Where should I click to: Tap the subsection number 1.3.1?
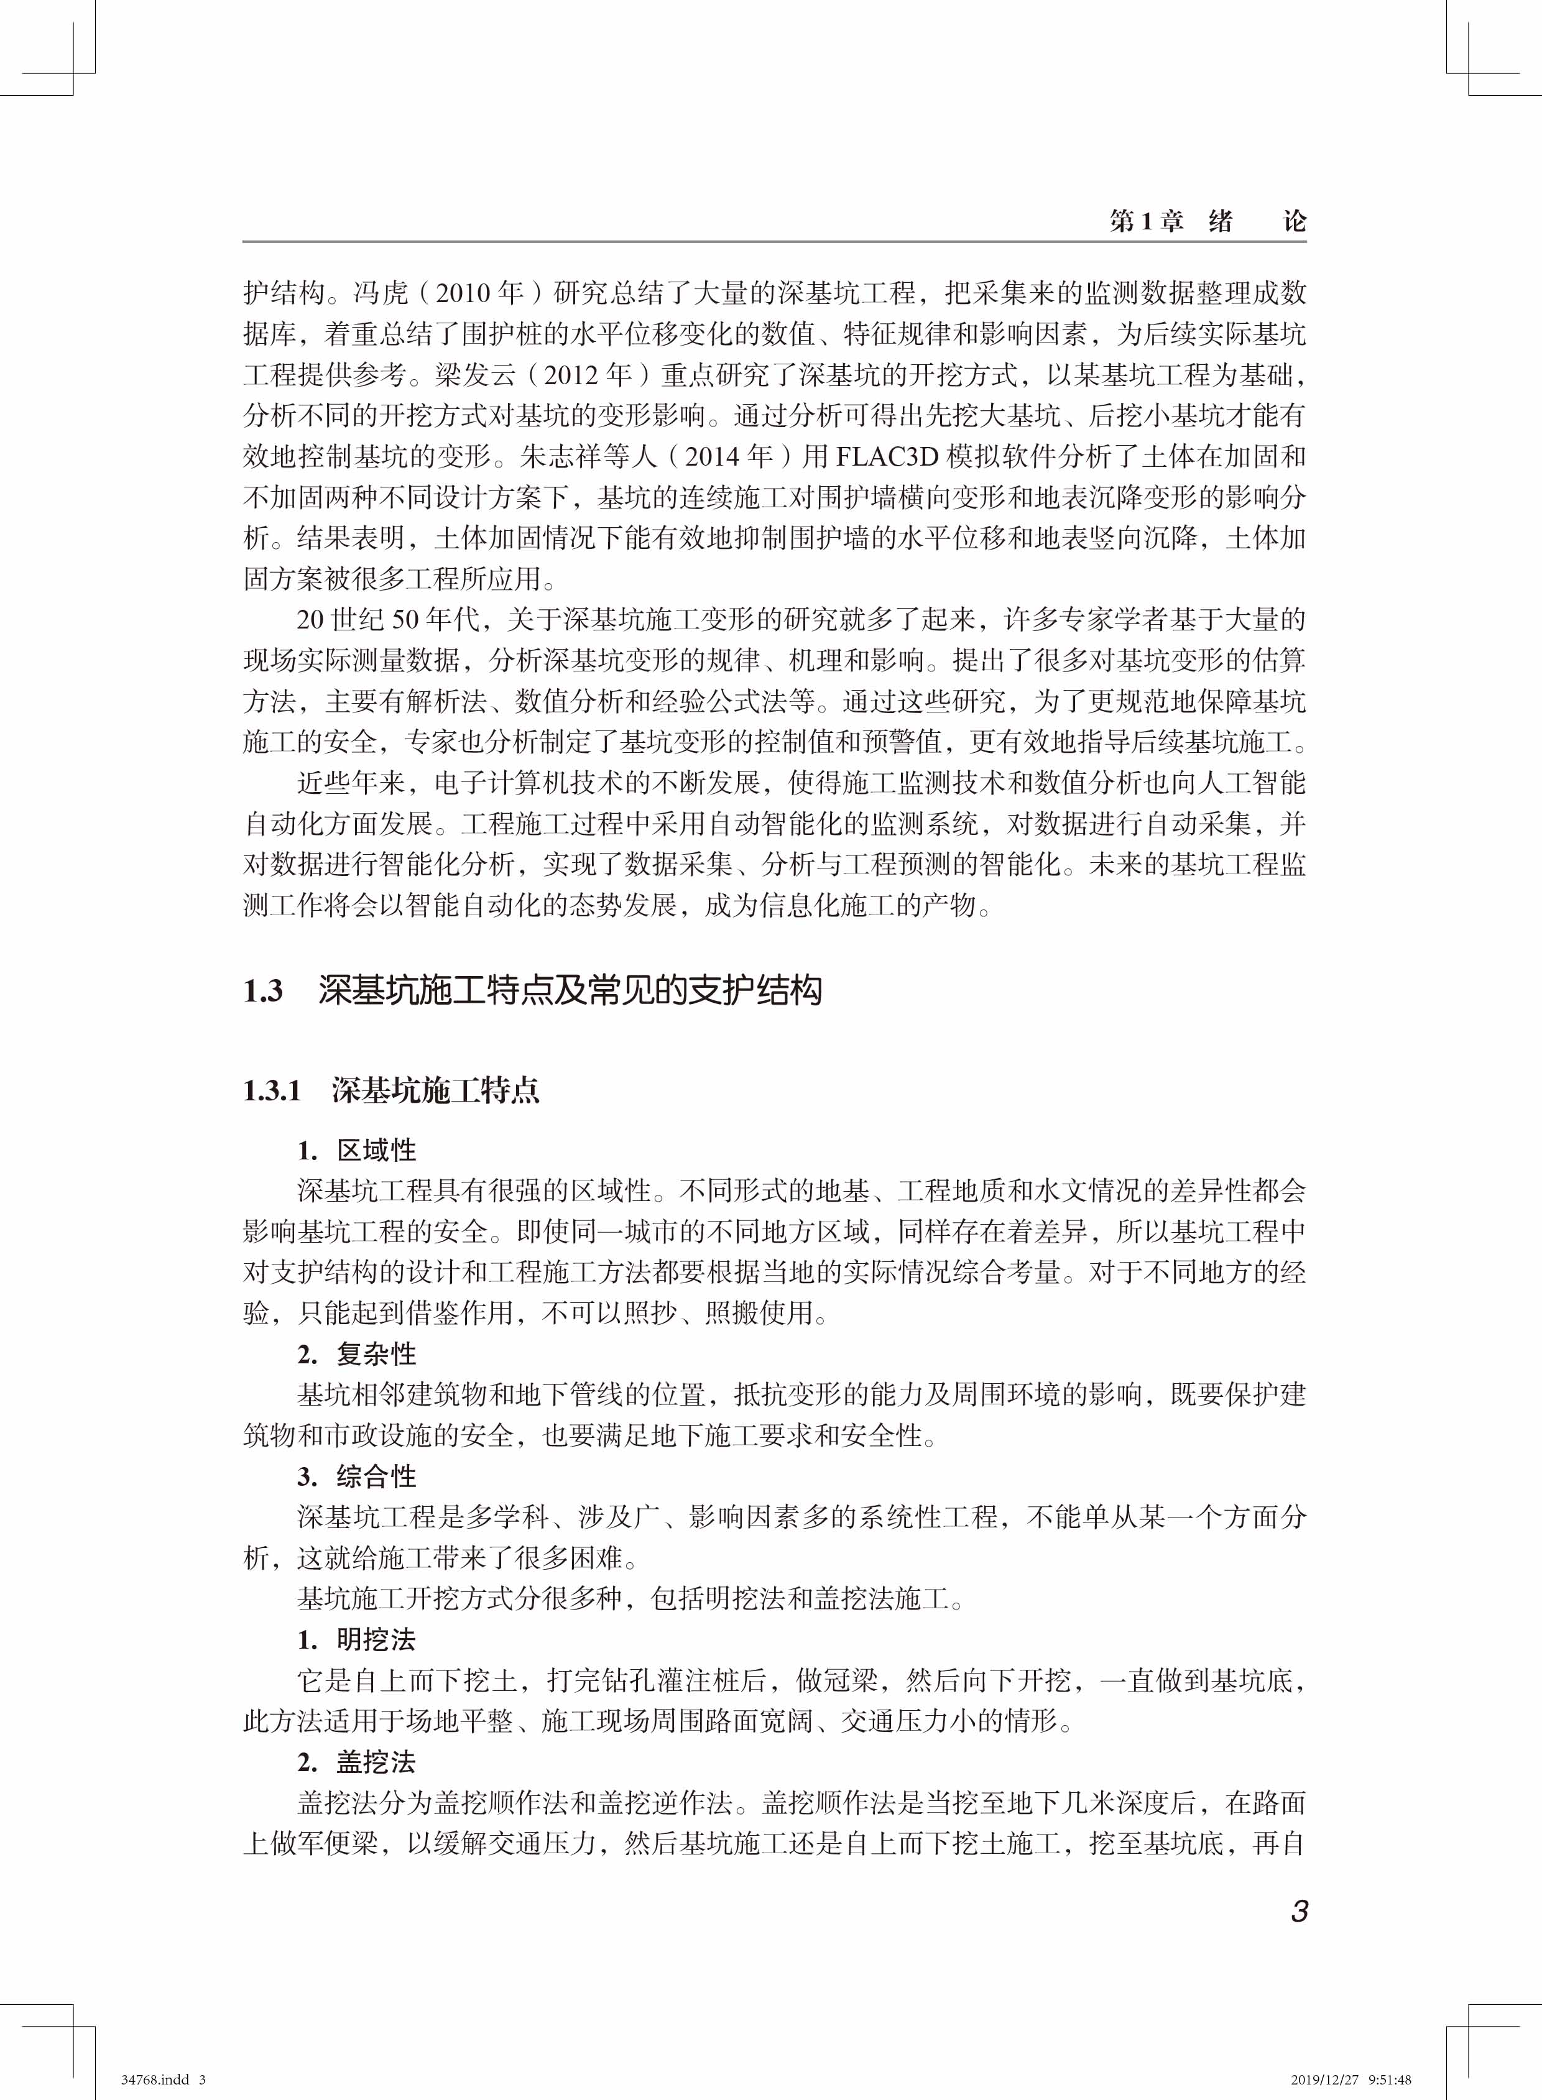[272, 1091]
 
